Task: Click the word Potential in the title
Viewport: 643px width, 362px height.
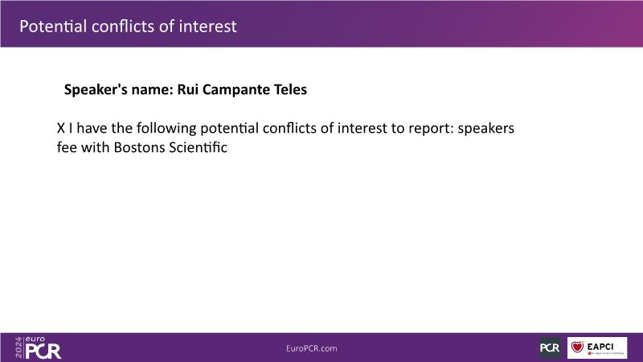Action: (x=53, y=27)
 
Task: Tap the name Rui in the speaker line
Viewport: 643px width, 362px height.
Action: (x=188, y=89)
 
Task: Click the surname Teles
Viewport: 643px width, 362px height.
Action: (x=290, y=89)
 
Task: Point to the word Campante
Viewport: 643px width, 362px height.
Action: (x=236, y=89)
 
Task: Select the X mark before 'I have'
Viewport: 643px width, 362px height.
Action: (x=61, y=128)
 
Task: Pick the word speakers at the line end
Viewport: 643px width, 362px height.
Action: (x=486, y=129)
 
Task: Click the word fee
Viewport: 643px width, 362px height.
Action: (x=67, y=147)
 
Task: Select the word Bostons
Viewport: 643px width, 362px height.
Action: (x=139, y=147)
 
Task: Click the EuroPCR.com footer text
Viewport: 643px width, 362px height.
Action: (x=312, y=348)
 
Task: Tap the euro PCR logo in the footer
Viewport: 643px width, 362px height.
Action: (x=38, y=348)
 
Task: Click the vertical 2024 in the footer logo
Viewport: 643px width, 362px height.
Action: (x=18, y=348)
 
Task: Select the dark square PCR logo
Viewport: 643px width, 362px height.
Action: (x=550, y=348)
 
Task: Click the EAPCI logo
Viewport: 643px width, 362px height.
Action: (x=597, y=348)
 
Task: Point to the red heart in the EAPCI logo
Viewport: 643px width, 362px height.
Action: (x=577, y=347)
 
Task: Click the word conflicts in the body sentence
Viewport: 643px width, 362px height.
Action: (x=290, y=129)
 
